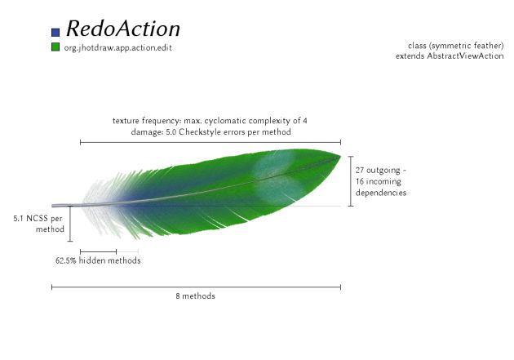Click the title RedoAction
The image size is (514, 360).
[123, 29]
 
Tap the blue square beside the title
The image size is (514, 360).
[55, 32]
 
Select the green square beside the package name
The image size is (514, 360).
[55, 47]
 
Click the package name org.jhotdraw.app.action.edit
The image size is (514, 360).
[118, 48]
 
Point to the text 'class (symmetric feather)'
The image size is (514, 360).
[455, 46]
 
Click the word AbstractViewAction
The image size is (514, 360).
[465, 56]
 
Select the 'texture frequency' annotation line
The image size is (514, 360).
[210, 121]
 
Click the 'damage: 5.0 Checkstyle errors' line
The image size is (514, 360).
[210, 131]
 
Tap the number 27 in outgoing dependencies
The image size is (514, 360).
[360, 170]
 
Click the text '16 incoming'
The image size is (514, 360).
[379, 182]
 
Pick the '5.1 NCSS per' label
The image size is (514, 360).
[38, 218]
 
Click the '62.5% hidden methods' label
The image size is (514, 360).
[98, 260]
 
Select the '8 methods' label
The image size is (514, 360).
[195, 296]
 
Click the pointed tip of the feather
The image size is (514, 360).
[340, 156]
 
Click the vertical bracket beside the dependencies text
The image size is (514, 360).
[351, 181]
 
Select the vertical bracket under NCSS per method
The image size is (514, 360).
[70, 224]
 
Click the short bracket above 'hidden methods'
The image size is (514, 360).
[99, 251]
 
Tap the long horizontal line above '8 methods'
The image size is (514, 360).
[196, 287]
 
